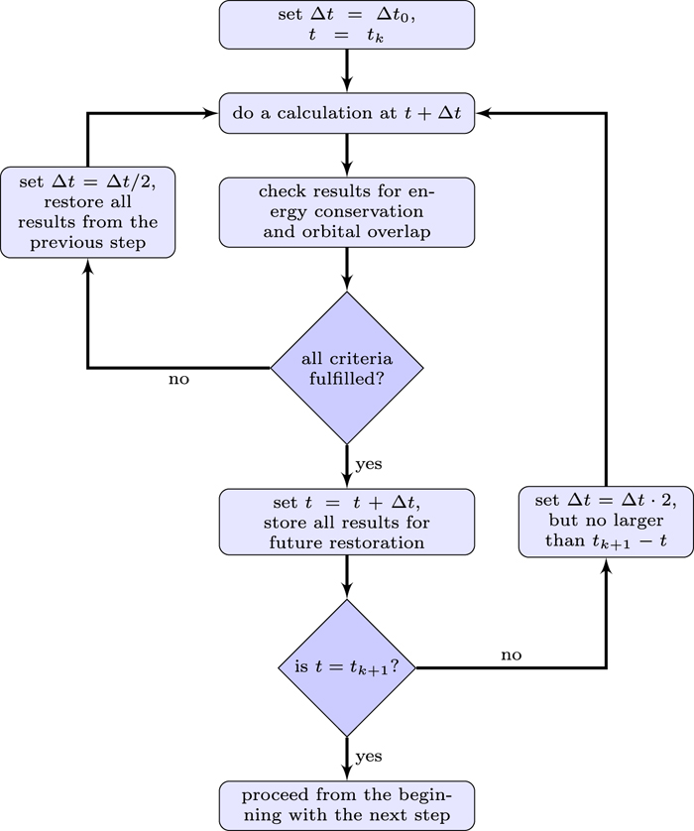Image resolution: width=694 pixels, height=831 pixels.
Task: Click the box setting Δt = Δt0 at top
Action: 347,23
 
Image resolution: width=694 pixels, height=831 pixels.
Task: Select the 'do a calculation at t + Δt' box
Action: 347,114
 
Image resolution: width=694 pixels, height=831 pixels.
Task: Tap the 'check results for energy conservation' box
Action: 347,212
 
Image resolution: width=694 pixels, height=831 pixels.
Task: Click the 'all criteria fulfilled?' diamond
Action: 347,368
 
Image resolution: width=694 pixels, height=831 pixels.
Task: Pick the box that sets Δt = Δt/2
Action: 88,212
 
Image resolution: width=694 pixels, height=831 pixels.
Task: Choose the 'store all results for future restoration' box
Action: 347,521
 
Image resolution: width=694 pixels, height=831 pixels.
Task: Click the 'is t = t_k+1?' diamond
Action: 347,667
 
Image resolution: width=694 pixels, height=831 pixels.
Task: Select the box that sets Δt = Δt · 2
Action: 606,521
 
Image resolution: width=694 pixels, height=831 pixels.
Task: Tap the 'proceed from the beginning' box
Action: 347,804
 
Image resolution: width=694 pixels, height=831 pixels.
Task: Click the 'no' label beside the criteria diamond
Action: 179,379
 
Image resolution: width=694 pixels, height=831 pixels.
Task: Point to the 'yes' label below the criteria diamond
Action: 369,463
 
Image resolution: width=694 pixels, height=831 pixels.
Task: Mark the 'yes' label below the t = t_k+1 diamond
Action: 369,757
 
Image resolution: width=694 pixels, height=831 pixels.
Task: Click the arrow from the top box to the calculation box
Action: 347,70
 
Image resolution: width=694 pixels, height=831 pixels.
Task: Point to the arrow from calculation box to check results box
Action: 347,156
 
